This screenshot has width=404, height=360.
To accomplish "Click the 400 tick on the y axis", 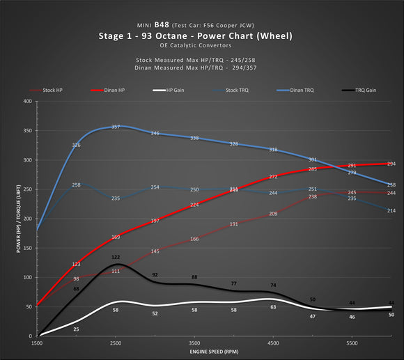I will point(29,102).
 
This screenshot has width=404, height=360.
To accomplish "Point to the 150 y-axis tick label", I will point(29,249).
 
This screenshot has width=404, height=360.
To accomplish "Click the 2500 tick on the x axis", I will point(116,344).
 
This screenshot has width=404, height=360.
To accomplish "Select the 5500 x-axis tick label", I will point(352,344).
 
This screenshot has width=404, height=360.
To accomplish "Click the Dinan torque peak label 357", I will point(116,127).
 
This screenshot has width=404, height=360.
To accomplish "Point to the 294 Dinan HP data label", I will point(391,164).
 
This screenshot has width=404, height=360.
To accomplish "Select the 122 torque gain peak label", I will point(116,258).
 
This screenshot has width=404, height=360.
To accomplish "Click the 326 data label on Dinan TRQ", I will point(76,145).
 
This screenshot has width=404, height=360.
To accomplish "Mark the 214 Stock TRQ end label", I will point(391,210).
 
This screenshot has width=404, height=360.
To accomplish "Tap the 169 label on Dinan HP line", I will point(116,237).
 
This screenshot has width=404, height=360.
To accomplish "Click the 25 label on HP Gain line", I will point(76,329).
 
